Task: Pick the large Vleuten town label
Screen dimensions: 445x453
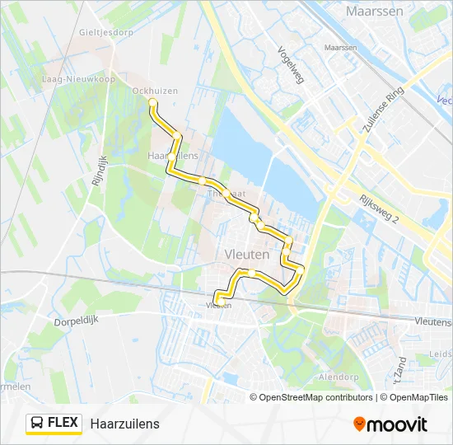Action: coord(246,255)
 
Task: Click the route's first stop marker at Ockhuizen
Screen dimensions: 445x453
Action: coord(152,102)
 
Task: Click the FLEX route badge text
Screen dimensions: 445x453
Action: coord(63,423)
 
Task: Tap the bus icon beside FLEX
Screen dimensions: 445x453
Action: coord(37,424)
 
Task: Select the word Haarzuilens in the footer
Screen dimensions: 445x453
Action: coord(125,424)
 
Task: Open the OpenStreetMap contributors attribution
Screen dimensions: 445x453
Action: coord(316,397)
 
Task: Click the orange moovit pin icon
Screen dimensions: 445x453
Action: coord(360,424)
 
